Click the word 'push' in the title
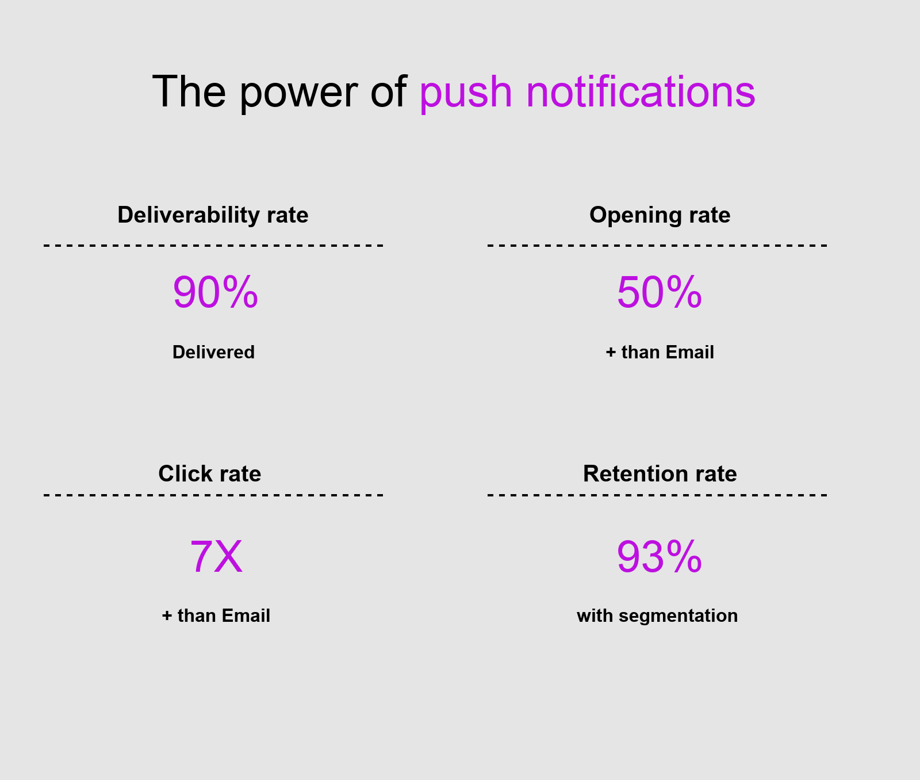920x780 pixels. (465, 92)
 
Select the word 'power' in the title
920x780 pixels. (298, 92)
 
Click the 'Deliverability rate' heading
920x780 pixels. (213, 215)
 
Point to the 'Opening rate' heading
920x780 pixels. (660, 215)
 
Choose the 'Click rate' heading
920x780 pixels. (209, 474)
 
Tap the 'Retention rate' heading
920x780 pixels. (660, 474)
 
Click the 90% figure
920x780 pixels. (215, 293)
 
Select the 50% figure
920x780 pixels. (659, 293)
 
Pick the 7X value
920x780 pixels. (216, 557)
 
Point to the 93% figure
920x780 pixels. (659, 557)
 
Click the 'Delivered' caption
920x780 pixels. (213, 352)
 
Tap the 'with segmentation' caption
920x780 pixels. (657, 615)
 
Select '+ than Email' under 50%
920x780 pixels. (660, 352)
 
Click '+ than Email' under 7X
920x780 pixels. (216, 615)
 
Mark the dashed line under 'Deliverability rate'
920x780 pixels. (213, 246)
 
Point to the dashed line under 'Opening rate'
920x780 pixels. (657, 246)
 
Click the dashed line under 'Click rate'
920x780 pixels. (213, 495)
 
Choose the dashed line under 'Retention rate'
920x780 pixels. (657, 495)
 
